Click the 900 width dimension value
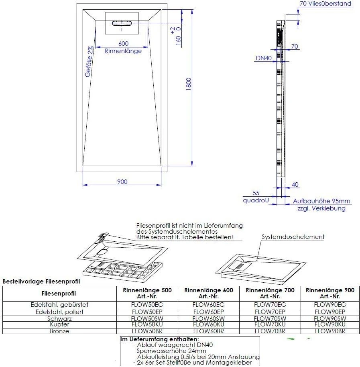122,182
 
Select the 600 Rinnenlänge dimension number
123,44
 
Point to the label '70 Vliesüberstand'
325,4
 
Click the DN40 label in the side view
264,58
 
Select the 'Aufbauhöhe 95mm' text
321,201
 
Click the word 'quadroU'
255,200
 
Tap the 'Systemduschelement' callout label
293,237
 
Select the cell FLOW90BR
330,331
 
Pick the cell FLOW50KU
147,324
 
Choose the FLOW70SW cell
270,318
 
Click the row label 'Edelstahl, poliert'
60,312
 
